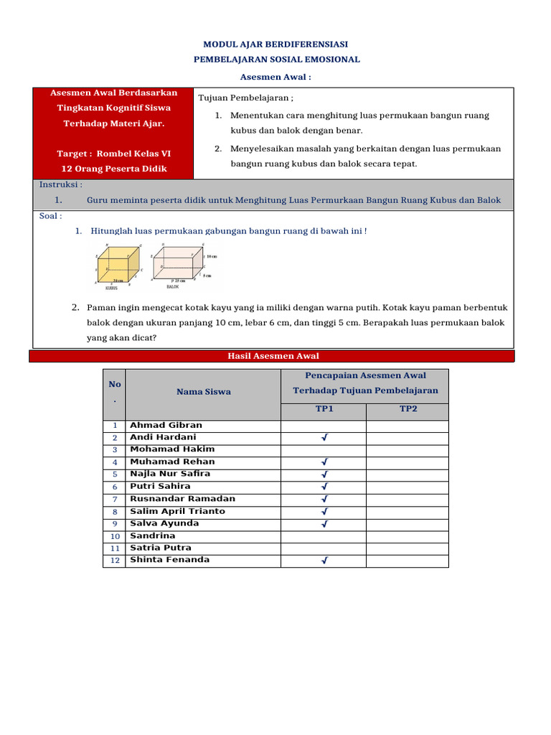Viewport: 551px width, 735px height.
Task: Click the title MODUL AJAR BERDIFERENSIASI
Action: pyautogui.click(x=276, y=44)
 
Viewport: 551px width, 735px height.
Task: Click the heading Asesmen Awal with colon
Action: pyautogui.click(x=276, y=77)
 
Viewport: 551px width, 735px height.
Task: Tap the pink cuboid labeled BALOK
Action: pyautogui.click(x=175, y=266)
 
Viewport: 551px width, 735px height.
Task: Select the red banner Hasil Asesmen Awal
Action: pyautogui.click(x=273, y=356)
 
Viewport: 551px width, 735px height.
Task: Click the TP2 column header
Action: pyautogui.click(x=408, y=409)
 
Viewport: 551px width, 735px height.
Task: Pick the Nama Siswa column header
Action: pyautogui.click(x=204, y=392)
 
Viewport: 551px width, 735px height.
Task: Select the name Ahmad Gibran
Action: pyautogui.click(x=166, y=425)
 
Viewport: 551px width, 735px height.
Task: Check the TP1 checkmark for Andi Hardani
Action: pyautogui.click(x=324, y=438)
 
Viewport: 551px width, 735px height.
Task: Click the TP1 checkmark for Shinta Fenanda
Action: pyautogui.click(x=324, y=561)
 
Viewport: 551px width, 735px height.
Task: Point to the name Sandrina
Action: pyautogui.click(x=152, y=535)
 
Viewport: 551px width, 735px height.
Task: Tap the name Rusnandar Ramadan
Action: pyautogui.click(x=182, y=499)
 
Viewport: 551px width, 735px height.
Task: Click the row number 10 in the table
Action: pyautogui.click(x=114, y=536)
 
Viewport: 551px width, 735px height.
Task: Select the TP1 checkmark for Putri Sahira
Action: pyautogui.click(x=324, y=487)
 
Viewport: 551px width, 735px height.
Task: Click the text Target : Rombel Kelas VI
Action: pyautogui.click(x=113, y=154)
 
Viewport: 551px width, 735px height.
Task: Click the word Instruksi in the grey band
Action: pyautogui.click(x=60, y=184)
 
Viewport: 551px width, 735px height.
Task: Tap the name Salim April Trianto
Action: pyautogui.click(x=177, y=511)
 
